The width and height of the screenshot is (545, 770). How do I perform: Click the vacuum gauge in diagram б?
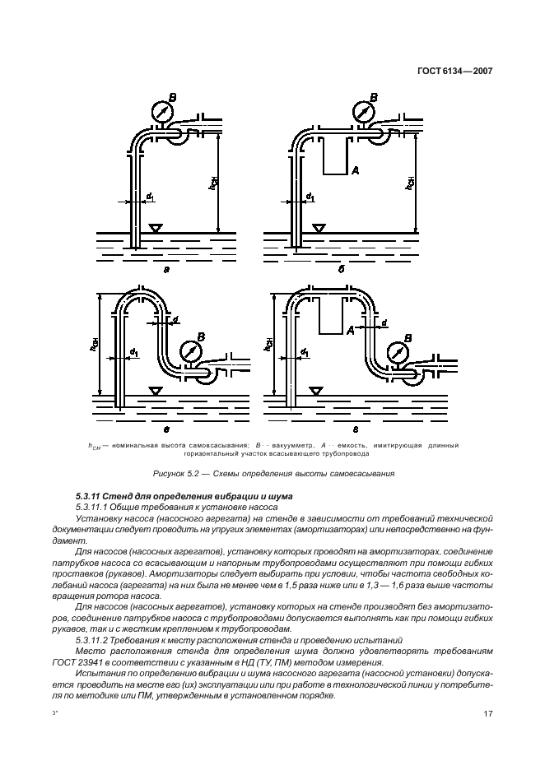coord(361,111)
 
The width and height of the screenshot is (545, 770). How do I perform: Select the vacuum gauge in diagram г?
coord(398,350)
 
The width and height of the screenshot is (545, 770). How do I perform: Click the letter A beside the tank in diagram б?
coord(356,170)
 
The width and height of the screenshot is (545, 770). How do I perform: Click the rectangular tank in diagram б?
coord(334,156)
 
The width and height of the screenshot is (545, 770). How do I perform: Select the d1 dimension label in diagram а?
coord(150,197)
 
